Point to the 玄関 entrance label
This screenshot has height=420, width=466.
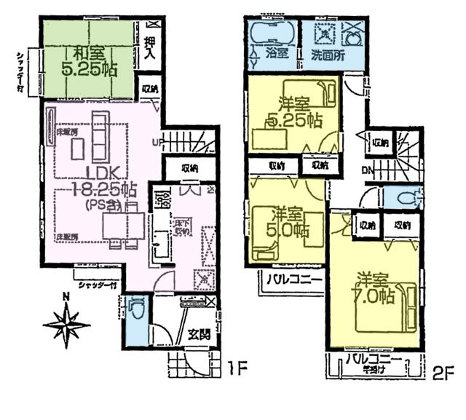point(199,336)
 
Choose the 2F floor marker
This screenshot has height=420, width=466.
point(443,372)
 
